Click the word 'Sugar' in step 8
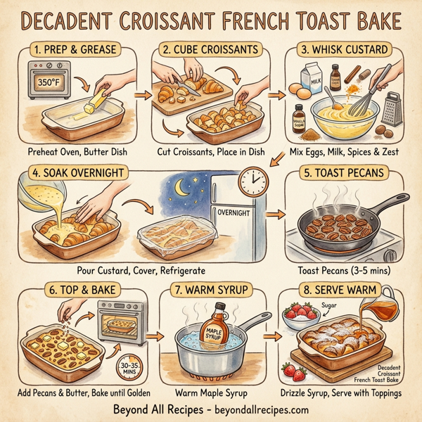pos(330,305)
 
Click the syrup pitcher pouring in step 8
pos(380,307)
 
